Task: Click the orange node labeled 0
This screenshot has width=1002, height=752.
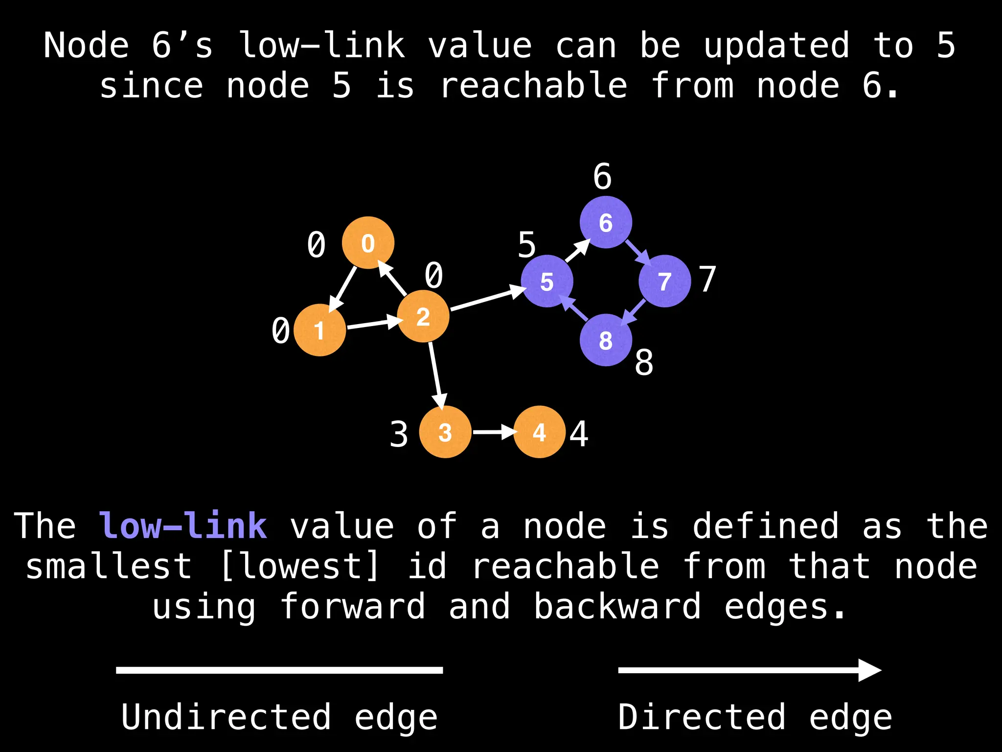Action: click(368, 243)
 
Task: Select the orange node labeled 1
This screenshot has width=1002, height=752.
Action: click(320, 330)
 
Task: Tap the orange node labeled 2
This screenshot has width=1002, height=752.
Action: click(423, 316)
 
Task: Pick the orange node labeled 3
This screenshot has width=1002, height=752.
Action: click(445, 432)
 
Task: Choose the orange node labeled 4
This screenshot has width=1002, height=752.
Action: click(539, 432)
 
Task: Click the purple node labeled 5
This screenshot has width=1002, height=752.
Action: click(547, 281)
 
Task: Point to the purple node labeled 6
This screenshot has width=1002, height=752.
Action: click(606, 222)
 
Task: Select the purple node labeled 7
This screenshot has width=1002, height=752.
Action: click(664, 281)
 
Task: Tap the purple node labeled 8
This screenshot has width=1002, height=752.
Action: click(606, 340)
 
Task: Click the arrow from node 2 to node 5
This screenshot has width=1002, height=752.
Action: click(487, 299)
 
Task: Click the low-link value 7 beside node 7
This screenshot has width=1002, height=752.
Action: click(707, 279)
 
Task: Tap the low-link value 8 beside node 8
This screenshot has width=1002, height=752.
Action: click(644, 363)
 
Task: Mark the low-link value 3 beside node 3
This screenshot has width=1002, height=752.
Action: click(399, 434)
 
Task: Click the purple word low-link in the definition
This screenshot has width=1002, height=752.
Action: click(183, 526)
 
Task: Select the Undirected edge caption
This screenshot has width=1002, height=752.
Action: click(279, 717)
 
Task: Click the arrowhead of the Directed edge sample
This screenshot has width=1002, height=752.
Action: click(869, 670)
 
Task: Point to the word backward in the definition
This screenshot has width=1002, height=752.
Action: click(617, 606)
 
